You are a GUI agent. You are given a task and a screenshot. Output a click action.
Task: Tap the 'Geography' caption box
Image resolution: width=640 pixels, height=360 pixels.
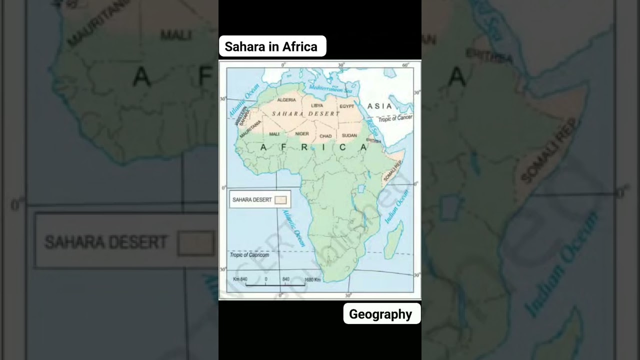[x=381, y=314]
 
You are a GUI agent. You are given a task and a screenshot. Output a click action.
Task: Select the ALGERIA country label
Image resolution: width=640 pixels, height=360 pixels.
[x=286, y=100]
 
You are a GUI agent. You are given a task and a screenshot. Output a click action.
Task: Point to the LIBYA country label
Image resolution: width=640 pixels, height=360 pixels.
[x=317, y=105]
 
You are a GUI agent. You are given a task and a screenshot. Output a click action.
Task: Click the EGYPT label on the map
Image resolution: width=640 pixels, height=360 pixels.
[x=346, y=106]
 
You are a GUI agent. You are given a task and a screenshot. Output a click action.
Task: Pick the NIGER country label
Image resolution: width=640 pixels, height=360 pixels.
[x=302, y=134]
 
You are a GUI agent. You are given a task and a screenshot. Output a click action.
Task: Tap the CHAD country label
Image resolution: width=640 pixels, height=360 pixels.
[x=325, y=136]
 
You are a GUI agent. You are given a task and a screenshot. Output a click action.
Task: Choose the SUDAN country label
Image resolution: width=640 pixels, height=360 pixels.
[x=349, y=135]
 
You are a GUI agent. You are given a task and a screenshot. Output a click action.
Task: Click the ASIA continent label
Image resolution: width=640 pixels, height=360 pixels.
[x=379, y=106]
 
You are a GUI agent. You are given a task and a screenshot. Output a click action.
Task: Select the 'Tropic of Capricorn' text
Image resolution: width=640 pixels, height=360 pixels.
[x=249, y=255]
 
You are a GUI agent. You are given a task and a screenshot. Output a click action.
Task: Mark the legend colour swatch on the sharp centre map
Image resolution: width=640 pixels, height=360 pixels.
[x=280, y=200]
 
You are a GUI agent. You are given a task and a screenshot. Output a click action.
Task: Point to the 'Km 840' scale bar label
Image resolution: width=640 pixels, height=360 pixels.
[x=240, y=279]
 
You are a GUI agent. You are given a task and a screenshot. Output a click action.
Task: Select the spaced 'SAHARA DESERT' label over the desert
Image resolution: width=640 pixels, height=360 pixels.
[x=305, y=114]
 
